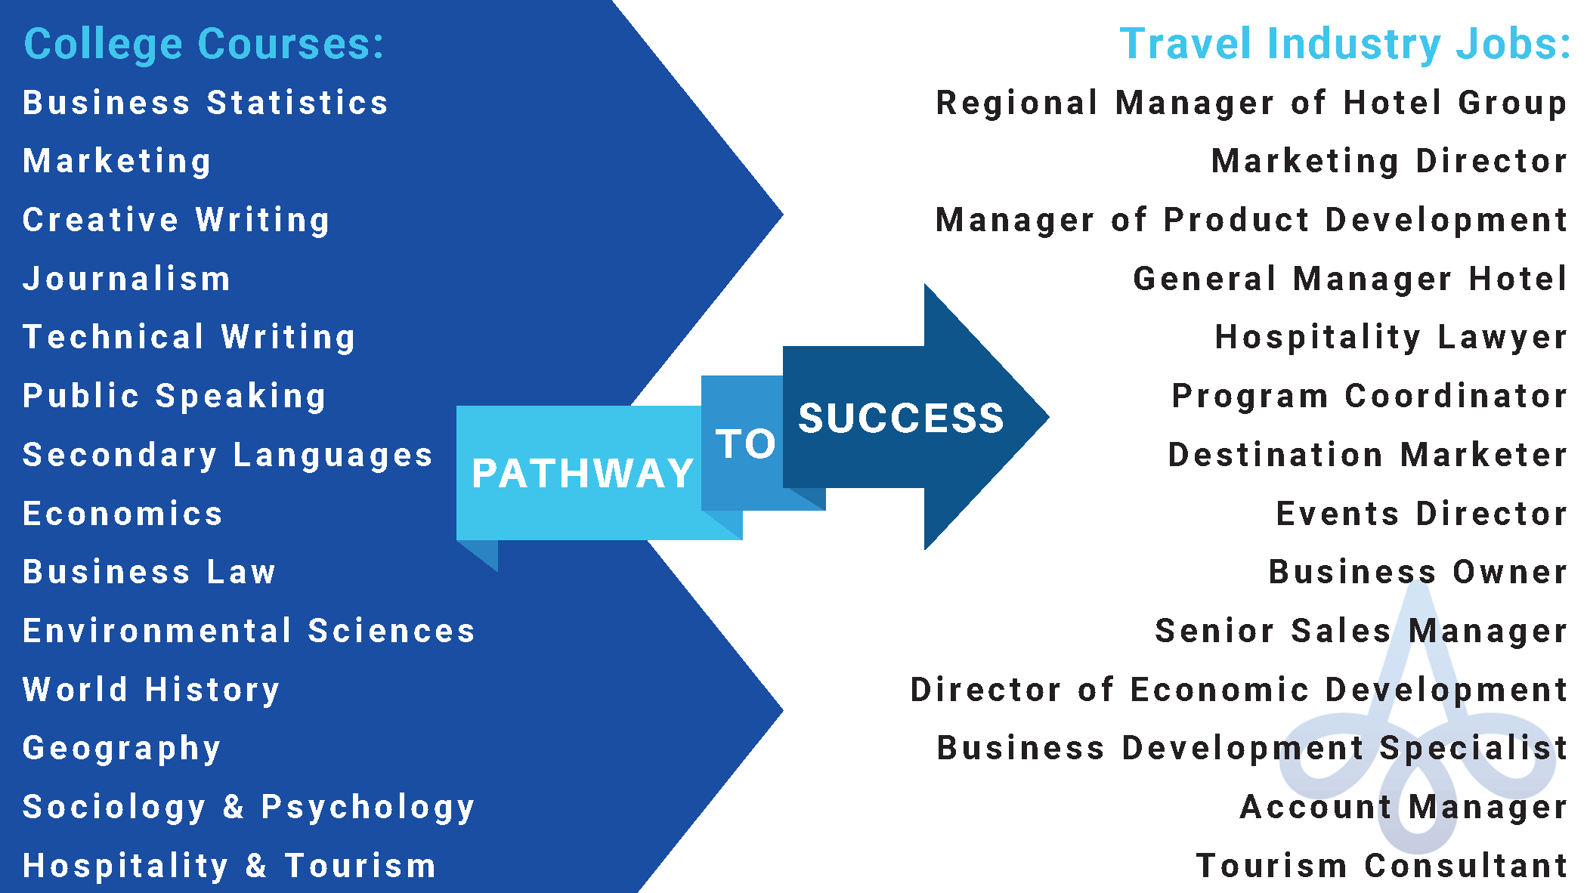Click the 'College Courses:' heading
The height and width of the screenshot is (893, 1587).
pos(204,44)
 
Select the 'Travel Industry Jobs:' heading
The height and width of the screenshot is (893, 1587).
pos(1345,44)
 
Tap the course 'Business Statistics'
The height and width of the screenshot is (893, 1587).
pos(206,103)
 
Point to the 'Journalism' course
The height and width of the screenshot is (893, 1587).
pos(126,279)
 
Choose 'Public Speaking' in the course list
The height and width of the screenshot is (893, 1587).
pos(175,397)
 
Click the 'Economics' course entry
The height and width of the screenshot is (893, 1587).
pos(122,514)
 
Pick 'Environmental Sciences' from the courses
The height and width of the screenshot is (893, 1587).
pos(249,631)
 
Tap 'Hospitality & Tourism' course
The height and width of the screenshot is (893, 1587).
pos(230,867)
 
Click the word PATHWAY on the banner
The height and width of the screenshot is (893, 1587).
pos(583,474)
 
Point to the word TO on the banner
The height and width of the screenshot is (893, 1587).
pos(746,443)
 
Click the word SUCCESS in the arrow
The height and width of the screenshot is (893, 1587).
pos(902,418)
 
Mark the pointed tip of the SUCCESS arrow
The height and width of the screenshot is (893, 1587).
pos(1049,416)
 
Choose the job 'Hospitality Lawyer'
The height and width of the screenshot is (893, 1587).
pos(1391,338)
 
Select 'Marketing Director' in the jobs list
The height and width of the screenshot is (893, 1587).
pos(1390,162)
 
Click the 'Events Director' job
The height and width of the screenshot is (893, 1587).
pos(1422,514)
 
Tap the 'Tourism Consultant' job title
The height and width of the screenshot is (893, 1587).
pos(1382,866)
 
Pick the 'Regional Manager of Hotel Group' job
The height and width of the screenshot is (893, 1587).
pos(1252,104)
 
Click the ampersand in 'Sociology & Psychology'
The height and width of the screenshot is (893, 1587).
pos(234,807)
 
